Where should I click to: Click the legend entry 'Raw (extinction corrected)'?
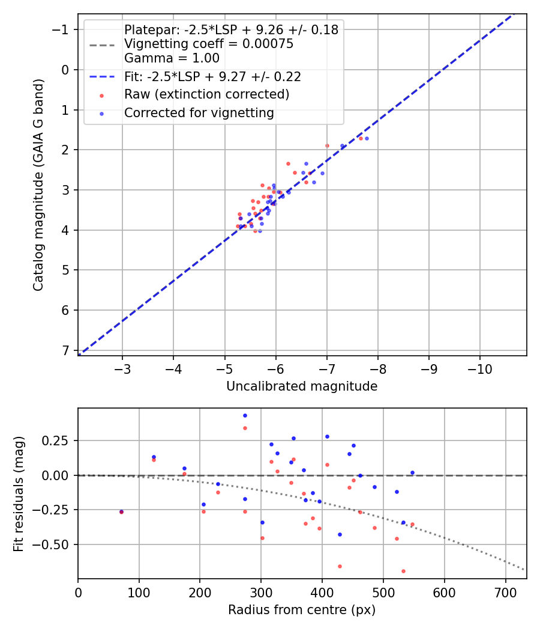click(206, 94)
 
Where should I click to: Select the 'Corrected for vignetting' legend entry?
click(199, 112)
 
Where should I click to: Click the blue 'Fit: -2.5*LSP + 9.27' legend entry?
click(212, 76)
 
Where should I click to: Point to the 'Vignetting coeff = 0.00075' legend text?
click(208, 44)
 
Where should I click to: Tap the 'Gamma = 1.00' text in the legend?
click(171, 58)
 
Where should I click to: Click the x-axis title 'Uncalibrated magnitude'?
click(302, 386)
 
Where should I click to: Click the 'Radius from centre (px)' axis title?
click(302, 610)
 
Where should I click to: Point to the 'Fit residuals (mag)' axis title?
click(19, 493)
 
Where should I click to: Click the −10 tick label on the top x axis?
click(480, 367)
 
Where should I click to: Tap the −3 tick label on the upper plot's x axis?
click(122, 367)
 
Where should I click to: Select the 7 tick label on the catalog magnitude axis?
click(66, 350)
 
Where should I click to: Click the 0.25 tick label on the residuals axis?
click(58, 440)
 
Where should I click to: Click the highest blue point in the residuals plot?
click(245, 415)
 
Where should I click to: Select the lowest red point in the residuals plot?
click(403, 571)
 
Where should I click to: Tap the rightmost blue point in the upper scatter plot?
click(367, 138)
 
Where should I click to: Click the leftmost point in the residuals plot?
click(121, 511)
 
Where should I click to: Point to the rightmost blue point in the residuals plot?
click(412, 472)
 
